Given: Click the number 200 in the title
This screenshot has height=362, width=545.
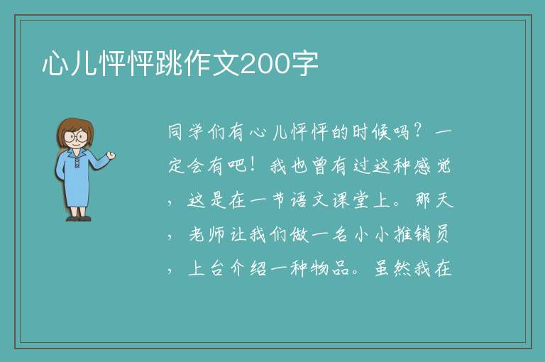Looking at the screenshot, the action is (265, 65).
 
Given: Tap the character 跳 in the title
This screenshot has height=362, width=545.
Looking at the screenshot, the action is (169, 64).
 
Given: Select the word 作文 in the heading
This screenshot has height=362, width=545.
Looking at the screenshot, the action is (211, 64).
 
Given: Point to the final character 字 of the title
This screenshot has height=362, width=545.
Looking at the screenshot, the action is (304, 64).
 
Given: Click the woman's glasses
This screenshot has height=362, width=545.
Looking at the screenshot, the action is (76, 136).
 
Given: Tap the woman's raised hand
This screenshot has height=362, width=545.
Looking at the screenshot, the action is (111, 155).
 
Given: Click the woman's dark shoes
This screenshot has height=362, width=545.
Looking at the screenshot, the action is (79, 219).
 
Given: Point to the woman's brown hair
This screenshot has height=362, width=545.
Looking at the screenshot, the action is (75, 131).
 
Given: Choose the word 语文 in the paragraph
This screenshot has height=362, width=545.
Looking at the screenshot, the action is (309, 201).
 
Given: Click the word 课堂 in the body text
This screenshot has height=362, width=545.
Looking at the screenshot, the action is (351, 201).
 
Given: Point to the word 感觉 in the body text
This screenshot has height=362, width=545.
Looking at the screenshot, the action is (433, 166).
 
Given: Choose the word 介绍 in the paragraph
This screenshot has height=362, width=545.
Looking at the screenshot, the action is (248, 269).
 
